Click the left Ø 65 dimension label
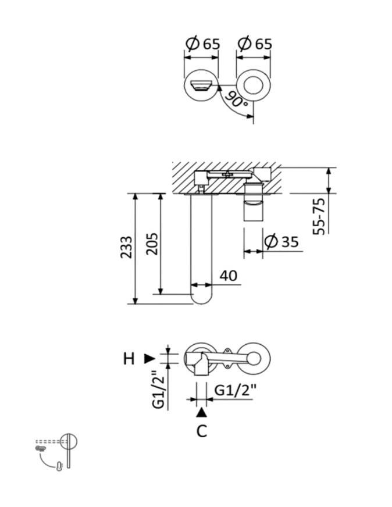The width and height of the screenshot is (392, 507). tap(203, 44)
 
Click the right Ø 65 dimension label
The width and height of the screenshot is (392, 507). tap(255, 44)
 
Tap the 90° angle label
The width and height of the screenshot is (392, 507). tap(236, 100)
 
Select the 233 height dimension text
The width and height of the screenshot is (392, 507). tap(126, 247)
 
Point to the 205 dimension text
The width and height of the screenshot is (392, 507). tap(152, 244)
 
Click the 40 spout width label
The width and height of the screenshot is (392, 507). tap(229, 276)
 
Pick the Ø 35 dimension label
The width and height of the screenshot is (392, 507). tap(281, 241)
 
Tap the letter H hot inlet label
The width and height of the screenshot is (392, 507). tap(129, 359)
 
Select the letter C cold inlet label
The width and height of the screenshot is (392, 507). tap(202, 431)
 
